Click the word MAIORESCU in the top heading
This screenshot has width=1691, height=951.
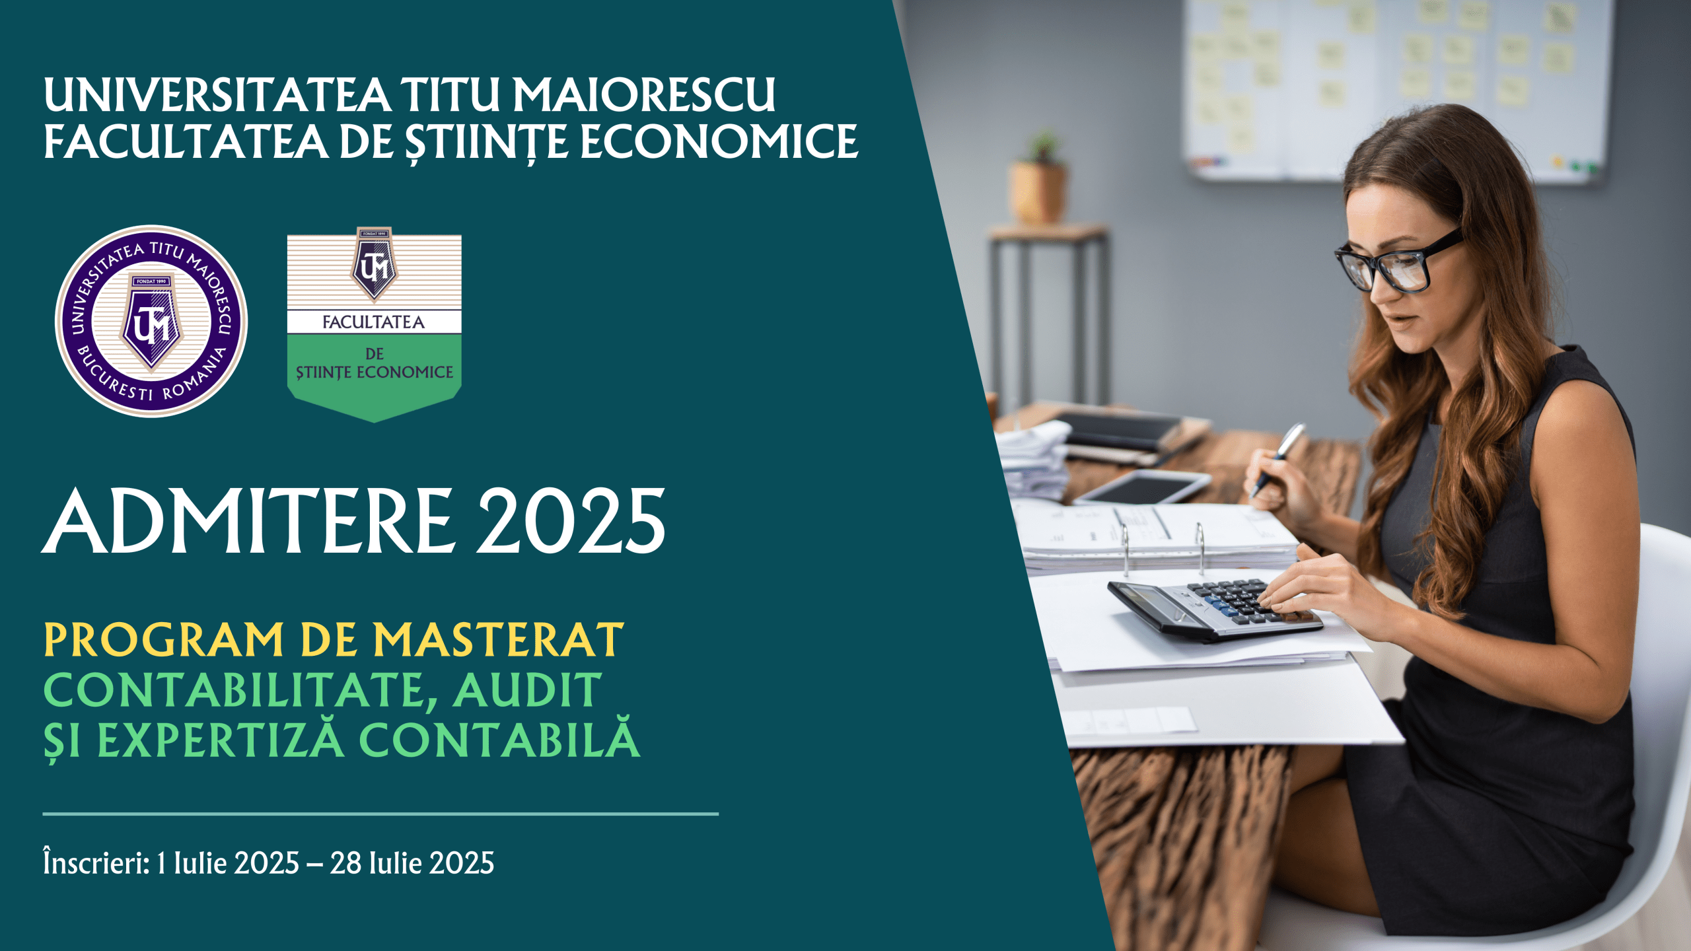[x=644, y=95]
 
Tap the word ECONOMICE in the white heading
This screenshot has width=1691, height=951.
[x=719, y=142]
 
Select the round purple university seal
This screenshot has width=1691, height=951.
[x=151, y=322]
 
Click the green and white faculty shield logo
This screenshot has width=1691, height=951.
[x=374, y=324]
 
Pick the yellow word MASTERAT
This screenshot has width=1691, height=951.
[x=498, y=640]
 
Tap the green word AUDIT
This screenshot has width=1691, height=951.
[x=527, y=690]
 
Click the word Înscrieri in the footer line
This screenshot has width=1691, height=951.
[x=96, y=862]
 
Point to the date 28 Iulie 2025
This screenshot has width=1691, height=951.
[x=412, y=863]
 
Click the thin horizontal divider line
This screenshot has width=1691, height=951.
[x=380, y=814]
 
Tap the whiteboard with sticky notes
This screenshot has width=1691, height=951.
[x=1394, y=89]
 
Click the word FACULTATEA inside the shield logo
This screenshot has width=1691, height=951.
[x=373, y=322]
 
